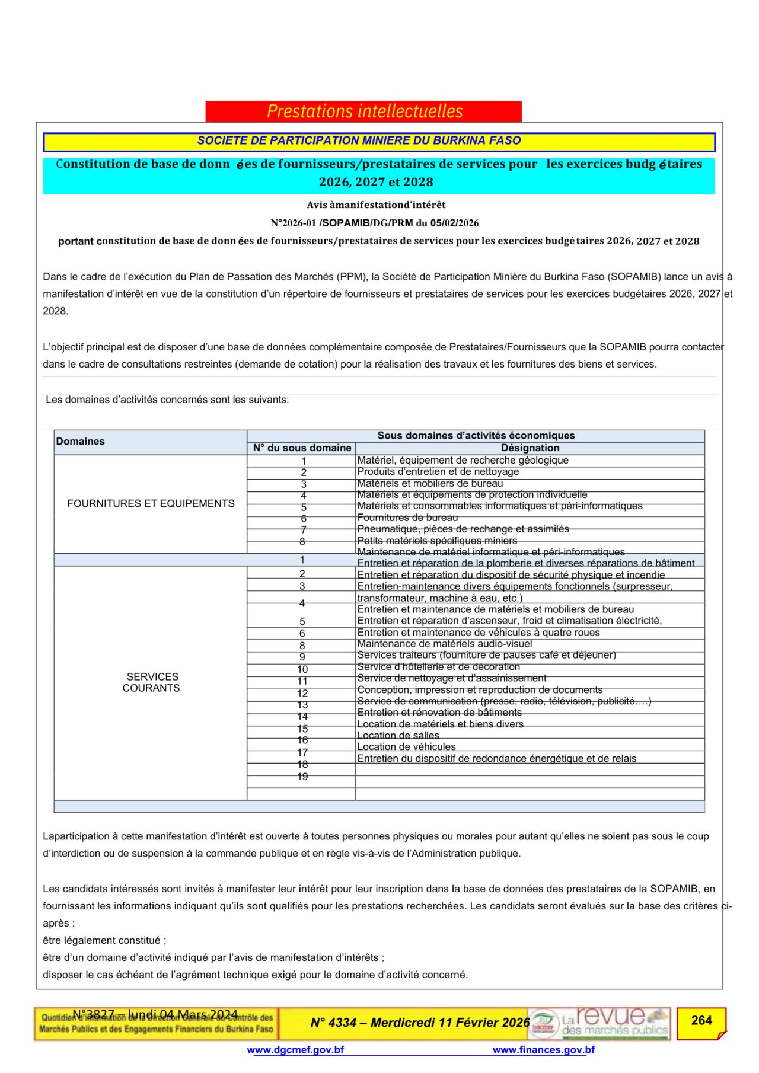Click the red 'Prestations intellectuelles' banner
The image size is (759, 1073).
tap(363, 111)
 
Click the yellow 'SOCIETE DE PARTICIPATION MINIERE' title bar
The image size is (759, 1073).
tap(379, 141)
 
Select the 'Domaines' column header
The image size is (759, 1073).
tap(80, 442)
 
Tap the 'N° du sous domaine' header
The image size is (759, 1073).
tap(302, 448)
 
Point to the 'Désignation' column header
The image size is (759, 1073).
tap(530, 448)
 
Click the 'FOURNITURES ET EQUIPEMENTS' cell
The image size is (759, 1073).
tap(151, 503)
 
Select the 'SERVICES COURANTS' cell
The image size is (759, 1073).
tap(151, 682)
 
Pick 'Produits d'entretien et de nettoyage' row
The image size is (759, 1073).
tap(438, 472)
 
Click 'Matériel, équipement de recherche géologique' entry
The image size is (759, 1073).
tap(463, 460)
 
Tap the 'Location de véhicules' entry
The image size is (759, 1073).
tap(406, 747)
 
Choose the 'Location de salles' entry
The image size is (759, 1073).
tap(398, 736)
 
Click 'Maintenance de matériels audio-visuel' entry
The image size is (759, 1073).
tap(444, 644)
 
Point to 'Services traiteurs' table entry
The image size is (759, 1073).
tap(486, 655)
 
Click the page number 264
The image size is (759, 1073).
tap(701, 1021)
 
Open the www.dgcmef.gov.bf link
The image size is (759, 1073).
tap(295, 1050)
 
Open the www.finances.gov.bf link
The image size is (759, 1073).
tap(543, 1050)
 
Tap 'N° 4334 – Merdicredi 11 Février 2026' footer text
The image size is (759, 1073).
tap(420, 1023)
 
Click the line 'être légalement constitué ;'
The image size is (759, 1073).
tap(104, 940)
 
